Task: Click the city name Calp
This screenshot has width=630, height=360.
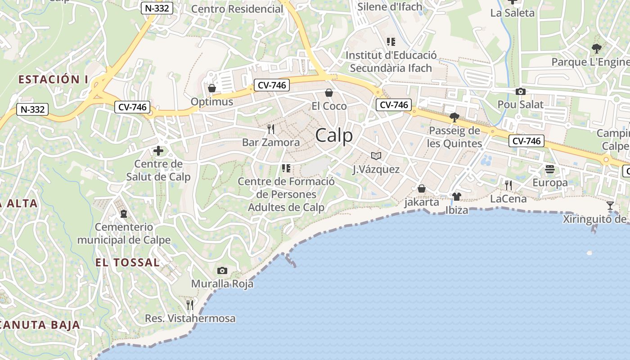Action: (x=334, y=135)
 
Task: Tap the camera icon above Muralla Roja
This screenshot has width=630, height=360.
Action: (x=222, y=270)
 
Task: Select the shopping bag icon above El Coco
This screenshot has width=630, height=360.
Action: (x=329, y=93)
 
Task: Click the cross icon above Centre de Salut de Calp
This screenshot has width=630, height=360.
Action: (x=158, y=151)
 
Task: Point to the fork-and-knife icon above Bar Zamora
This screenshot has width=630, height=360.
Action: (x=270, y=129)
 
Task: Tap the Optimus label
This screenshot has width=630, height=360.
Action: (x=212, y=102)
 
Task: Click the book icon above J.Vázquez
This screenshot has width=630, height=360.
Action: (x=376, y=156)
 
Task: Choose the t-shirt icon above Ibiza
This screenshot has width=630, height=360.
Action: (x=457, y=196)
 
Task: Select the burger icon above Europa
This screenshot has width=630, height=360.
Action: (x=550, y=169)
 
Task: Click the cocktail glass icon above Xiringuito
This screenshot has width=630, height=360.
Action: (x=610, y=206)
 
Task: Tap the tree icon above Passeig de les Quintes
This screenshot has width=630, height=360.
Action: (x=454, y=117)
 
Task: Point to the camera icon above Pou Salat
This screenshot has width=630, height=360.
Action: (x=520, y=91)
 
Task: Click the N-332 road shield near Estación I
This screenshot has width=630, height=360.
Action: (x=32, y=109)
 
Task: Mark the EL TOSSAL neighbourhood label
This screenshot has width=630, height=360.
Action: (x=127, y=262)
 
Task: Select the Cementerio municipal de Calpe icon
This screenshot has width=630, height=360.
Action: (x=124, y=213)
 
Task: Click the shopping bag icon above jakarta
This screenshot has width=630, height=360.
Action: (x=422, y=189)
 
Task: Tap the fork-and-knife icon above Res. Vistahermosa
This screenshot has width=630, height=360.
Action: (x=190, y=305)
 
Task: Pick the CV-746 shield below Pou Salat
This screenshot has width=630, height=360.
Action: (x=526, y=141)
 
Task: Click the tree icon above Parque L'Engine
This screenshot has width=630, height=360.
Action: (x=597, y=48)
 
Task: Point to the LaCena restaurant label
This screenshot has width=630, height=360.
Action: (x=508, y=198)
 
